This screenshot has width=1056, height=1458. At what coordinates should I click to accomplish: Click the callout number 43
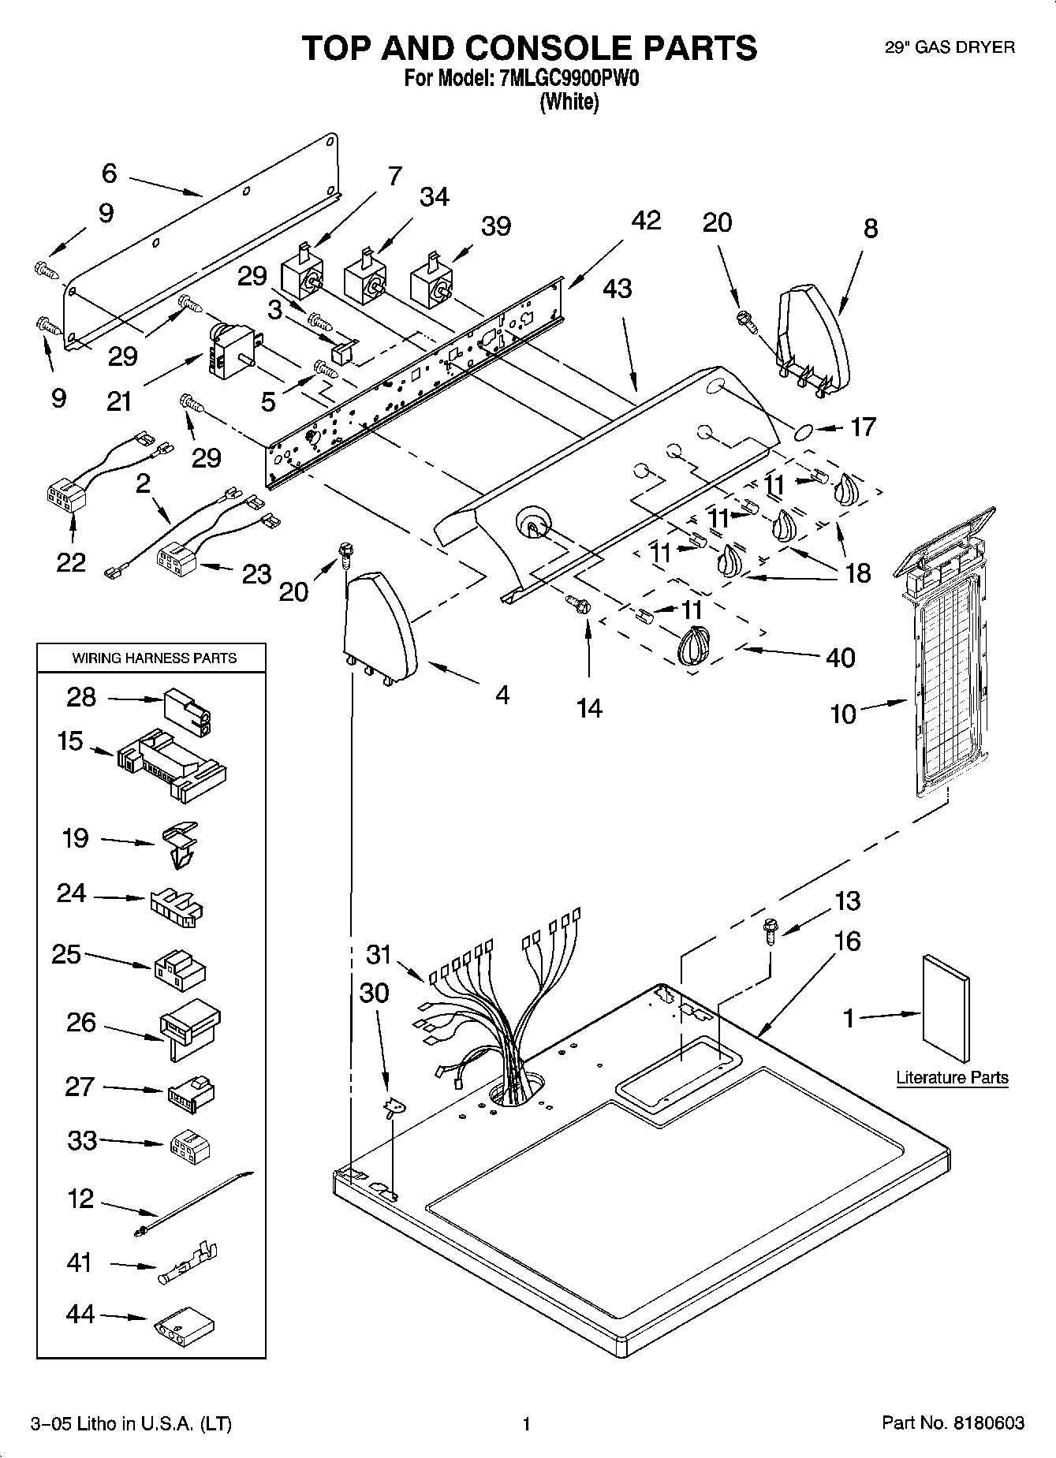tap(617, 289)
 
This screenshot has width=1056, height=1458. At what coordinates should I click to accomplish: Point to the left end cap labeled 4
tap(380, 627)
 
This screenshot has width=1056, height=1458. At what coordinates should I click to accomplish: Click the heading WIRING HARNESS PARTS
tap(155, 658)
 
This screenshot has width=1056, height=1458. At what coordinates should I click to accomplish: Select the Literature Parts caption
tap(952, 1078)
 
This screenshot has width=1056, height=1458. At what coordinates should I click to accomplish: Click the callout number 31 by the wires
tap(379, 954)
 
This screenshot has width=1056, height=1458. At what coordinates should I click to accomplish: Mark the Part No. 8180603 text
tap(953, 1423)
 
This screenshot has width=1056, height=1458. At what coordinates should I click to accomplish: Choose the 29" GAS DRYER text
tap(950, 47)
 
